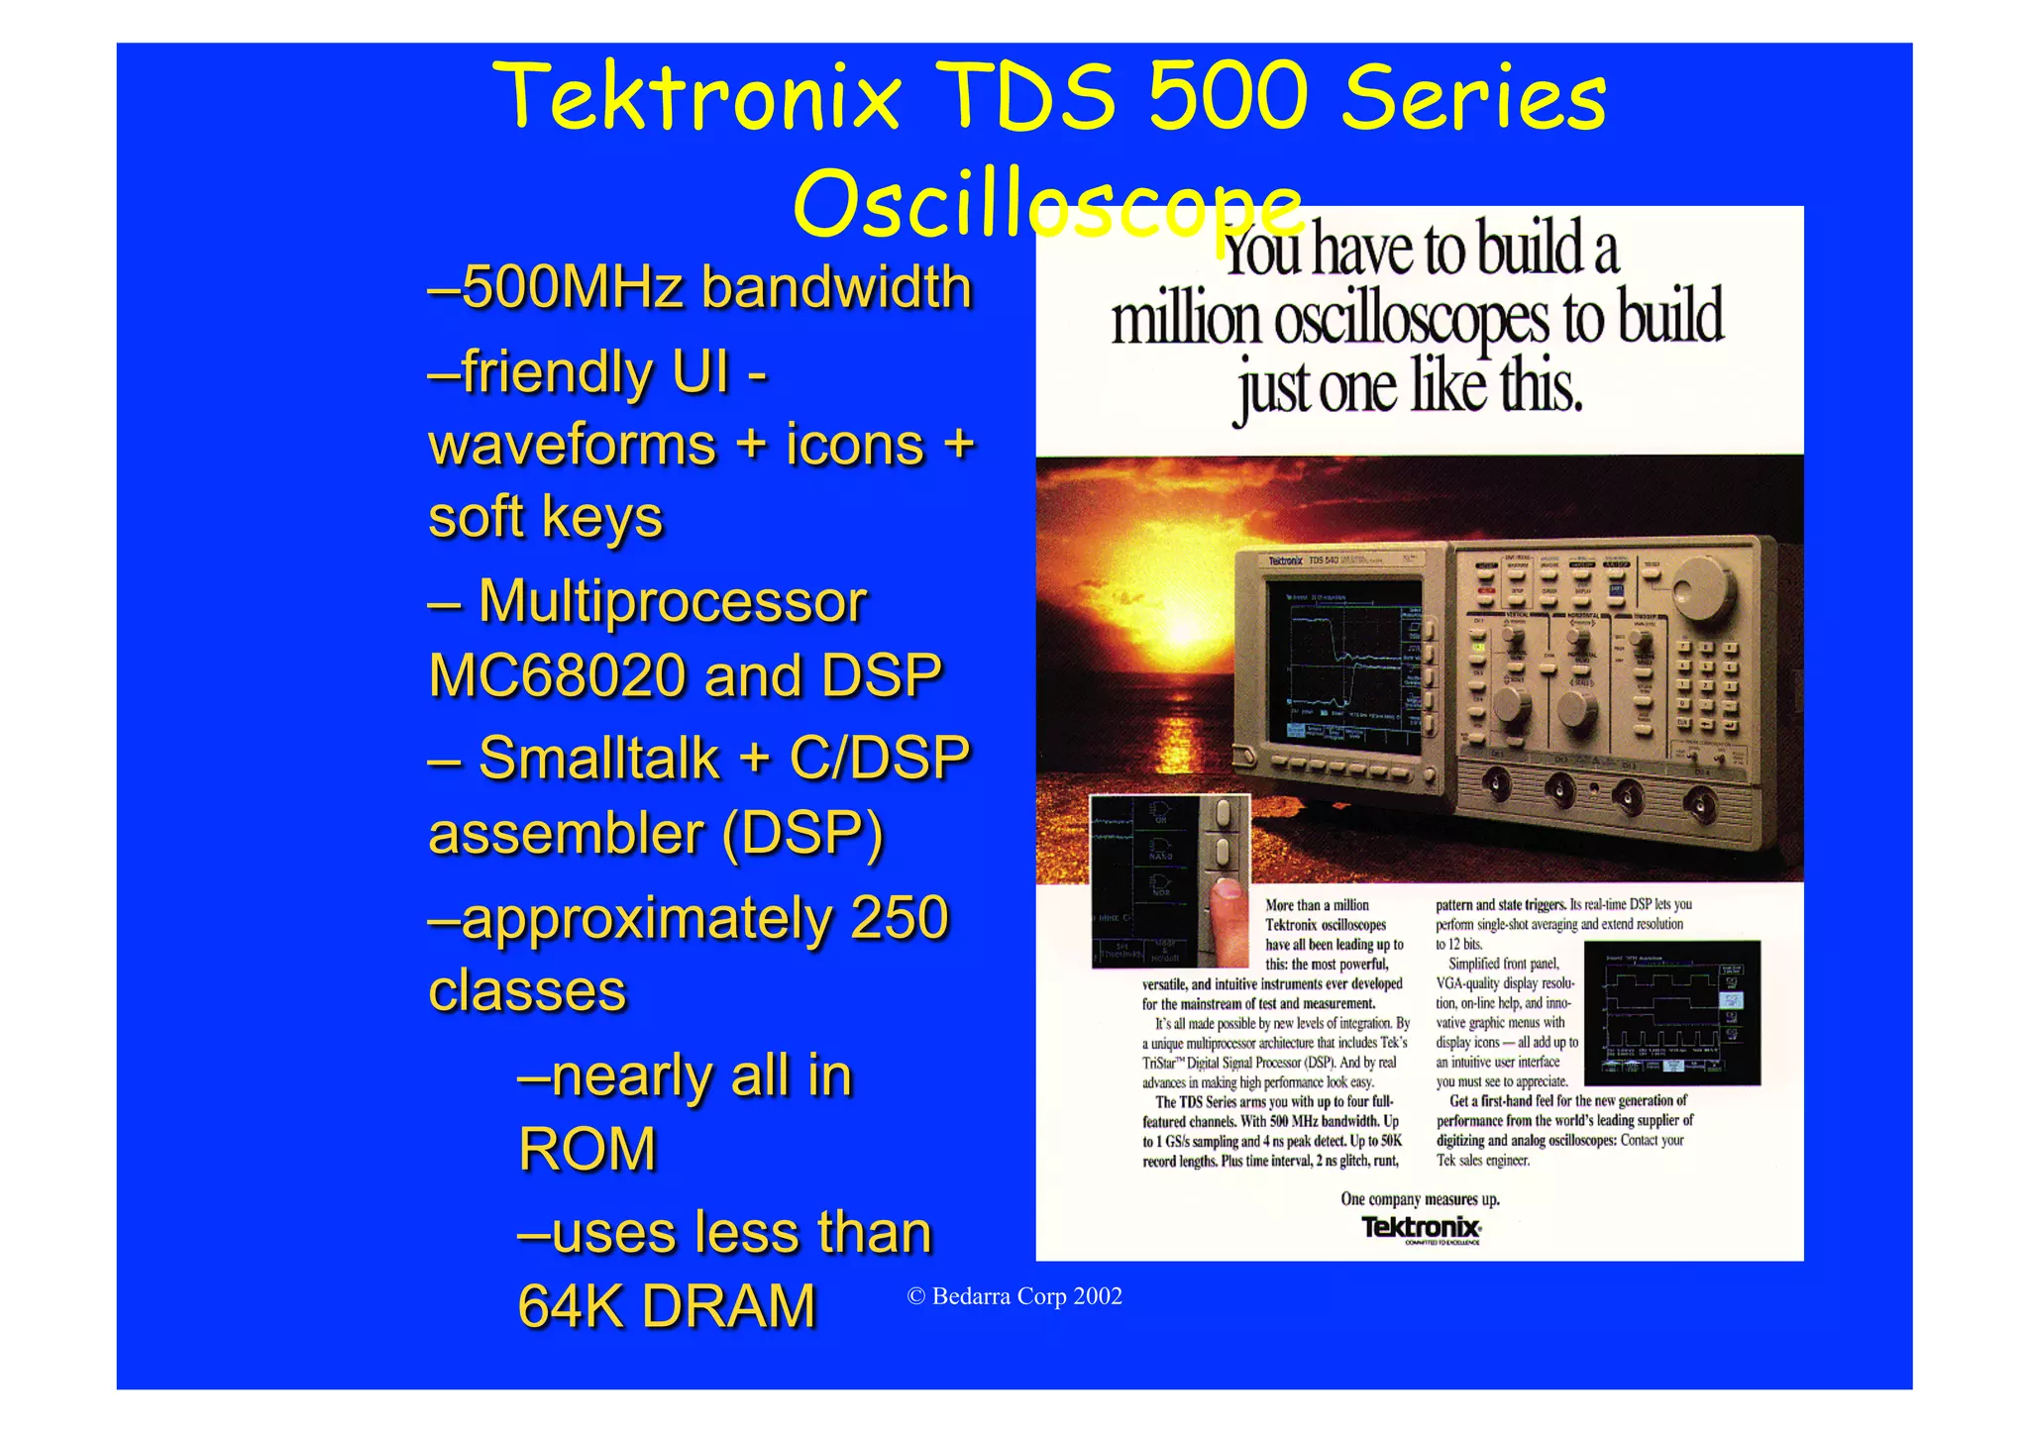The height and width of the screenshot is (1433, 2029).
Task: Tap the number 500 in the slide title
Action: point(1228,96)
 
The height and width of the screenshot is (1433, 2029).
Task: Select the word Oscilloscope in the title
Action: point(1047,204)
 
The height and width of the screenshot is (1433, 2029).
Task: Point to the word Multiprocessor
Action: point(673,601)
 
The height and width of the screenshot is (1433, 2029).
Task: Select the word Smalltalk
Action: point(599,759)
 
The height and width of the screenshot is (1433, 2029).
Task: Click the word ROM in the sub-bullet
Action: point(587,1149)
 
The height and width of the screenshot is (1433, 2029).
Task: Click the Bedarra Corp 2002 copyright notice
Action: point(1015,1296)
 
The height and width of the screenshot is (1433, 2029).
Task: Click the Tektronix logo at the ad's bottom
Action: point(1421,1228)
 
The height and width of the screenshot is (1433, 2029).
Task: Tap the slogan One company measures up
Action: point(1420,1199)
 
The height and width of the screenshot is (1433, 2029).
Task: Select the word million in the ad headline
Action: point(1186,321)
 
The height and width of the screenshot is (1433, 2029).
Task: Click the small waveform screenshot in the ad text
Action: point(1672,1012)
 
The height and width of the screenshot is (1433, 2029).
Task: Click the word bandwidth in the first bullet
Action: point(836,287)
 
